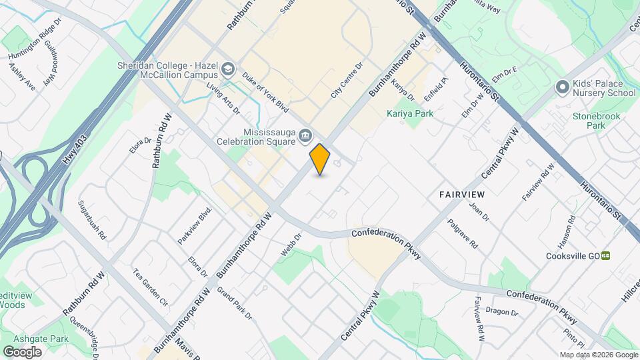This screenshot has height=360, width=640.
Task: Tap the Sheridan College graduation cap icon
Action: [x=229, y=69]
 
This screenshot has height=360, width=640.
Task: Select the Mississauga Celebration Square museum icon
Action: [x=305, y=135]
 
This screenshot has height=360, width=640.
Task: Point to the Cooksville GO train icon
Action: [x=605, y=255]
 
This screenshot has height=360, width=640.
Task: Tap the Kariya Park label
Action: [x=410, y=113]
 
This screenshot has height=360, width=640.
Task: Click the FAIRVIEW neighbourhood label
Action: [x=461, y=194]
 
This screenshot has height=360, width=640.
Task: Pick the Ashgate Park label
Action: [x=45, y=339]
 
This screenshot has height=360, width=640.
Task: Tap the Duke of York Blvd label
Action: [x=265, y=93]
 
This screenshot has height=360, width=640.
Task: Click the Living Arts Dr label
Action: [x=222, y=99]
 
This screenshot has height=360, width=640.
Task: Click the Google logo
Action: [x=22, y=351]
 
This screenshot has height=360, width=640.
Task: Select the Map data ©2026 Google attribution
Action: [x=598, y=355]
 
